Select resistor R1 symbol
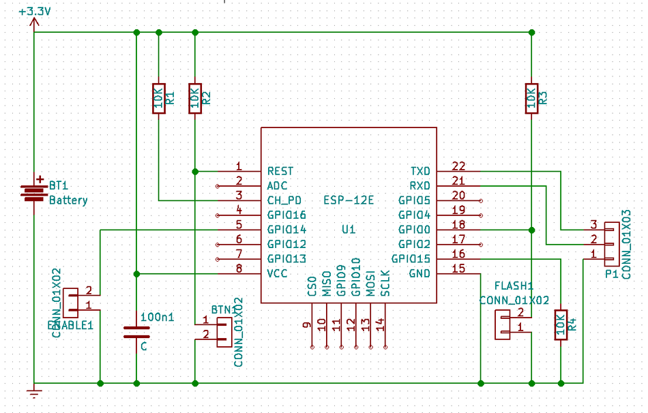click(x=158, y=98)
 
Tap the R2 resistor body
click(x=195, y=98)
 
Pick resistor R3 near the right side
click(x=531, y=98)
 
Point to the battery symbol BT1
click(x=33, y=192)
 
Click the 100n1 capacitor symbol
click(x=136, y=332)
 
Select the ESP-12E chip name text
click(x=349, y=200)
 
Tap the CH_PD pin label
click(x=285, y=200)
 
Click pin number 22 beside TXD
click(x=458, y=166)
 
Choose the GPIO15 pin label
click(x=411, y=259)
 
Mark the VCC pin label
click(x=278, y=274)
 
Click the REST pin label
click(x=281, y=171)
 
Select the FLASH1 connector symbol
click(x=503, y=324)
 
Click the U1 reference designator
click(x=349, y=230)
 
